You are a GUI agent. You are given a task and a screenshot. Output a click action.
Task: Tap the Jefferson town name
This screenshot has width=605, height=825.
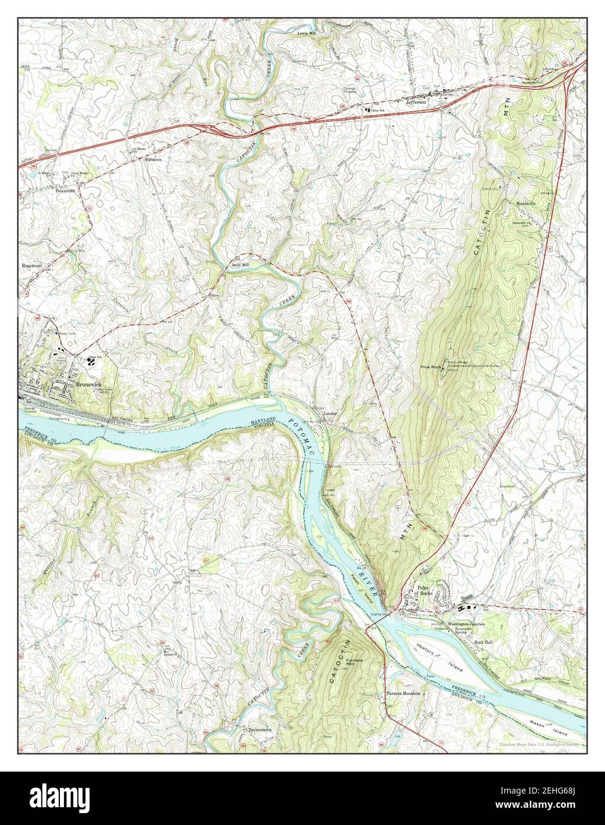[x=416, y=102]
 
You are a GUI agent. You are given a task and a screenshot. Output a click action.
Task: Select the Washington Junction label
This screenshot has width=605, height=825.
[x=466, y=624]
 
